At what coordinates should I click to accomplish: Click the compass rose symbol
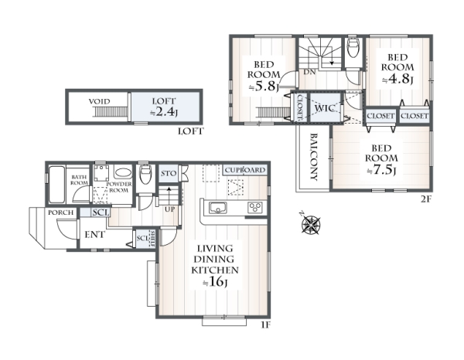[311, 224]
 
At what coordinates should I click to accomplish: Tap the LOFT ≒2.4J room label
[164, 107]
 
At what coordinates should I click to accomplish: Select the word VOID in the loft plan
[100, 102]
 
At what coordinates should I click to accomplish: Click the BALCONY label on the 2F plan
[314, 157]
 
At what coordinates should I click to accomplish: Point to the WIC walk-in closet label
[325, 108]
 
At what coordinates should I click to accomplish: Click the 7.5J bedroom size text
[381, 170]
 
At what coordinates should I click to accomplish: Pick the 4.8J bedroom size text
[397, 79]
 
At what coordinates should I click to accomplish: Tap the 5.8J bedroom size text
[264, 87]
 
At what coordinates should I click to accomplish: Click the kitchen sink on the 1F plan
[218, 208]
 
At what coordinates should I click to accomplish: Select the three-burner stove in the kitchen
[254, 207]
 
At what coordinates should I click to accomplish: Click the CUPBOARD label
[245, 170]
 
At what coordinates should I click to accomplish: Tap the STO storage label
[169, 173]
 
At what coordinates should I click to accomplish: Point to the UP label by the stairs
[169, 209]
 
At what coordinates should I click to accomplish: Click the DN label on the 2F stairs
[309, 73]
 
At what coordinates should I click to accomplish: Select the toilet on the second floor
[353, 48]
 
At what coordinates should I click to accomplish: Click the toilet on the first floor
[145, 175]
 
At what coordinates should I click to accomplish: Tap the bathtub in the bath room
[56, 185]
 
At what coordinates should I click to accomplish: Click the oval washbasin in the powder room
[123, 173]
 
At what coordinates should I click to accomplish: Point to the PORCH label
[60, 212]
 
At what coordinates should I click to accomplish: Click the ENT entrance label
[94, 235]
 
